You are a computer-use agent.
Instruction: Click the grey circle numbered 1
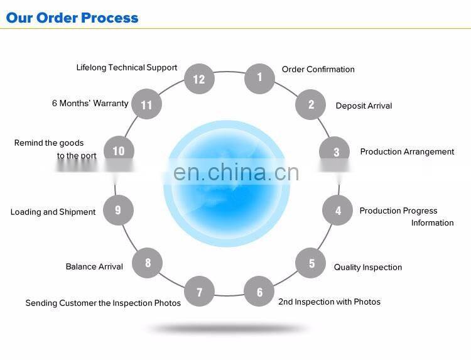[259, 79]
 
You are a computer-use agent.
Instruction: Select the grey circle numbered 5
[311, 263]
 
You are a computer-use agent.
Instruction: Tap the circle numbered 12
[199, 79]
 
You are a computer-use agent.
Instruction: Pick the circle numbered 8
[148, 263]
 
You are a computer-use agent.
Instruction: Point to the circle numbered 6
[259, 291]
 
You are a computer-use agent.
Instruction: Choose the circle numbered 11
[147, 104]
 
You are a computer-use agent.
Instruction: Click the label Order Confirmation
[318, 69]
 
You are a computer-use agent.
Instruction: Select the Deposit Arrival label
[364, 106]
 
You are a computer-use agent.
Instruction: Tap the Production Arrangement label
[407, 152]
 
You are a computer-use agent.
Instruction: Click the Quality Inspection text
[367, 268]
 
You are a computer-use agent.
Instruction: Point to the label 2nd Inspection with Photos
[329, 302]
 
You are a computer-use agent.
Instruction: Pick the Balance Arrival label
[94, 266]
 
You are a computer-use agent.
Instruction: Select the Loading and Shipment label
[53, 212]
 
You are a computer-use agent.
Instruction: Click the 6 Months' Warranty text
[90, 104]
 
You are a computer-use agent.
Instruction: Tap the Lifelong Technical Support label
[127, 68]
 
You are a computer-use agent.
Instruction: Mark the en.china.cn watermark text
[236, 172]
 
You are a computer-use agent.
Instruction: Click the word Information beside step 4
[432, 222]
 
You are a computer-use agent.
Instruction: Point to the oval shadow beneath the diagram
[229, 328]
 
